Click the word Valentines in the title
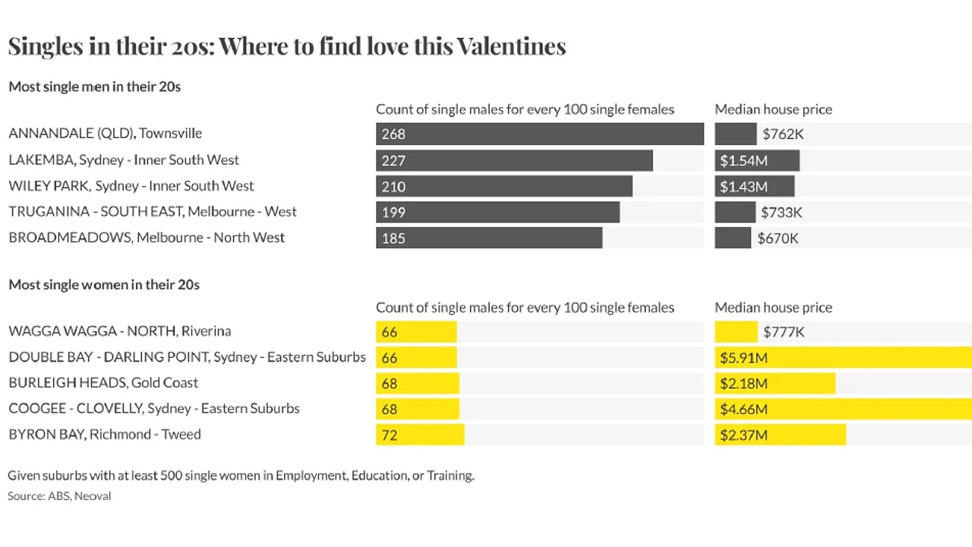coord(512,46)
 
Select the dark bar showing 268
coord(540,134)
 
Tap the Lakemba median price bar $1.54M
coord(757,160)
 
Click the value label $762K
coord(783,134)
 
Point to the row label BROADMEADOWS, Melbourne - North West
coord(147,238)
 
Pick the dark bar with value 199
coord(497,212)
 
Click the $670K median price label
coord(778,239)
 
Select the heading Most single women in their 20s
coord(104,285)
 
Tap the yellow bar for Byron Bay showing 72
coord(420,435)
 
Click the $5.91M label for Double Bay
coord(743,358)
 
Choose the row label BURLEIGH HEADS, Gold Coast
coord(103,382)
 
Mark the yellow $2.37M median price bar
coord(780,435)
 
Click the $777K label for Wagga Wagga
coord(784,332)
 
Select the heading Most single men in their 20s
coord(95,87)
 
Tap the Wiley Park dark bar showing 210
coord(504,186)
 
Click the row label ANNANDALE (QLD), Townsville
coord(105,133)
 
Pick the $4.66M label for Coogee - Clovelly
coord(743,409)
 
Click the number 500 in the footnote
coord(171,476)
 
